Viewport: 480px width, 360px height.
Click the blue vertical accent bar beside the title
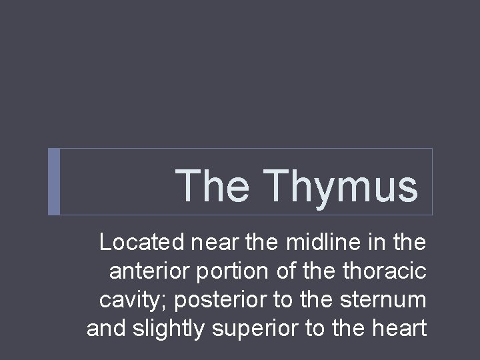[55, 181]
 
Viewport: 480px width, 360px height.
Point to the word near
[211, 243]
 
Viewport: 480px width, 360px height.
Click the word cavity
[131, 301]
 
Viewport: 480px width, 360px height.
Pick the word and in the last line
[104, 329]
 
